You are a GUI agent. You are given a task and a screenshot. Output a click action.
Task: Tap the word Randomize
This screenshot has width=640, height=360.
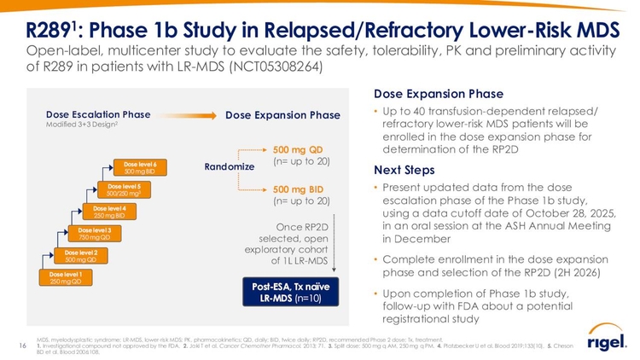(x=230, y=166)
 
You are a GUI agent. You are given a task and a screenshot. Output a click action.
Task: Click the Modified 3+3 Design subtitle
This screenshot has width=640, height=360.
(x=82, y=125)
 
